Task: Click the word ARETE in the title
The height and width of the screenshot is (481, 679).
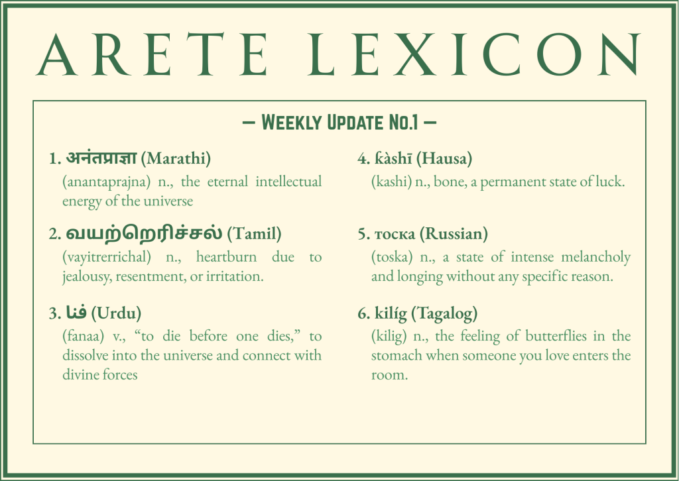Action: point(152,55)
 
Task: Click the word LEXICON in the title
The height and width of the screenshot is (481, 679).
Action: point(474,55)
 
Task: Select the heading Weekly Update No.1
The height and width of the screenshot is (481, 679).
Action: point(339,123)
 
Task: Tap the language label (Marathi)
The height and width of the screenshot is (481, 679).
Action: point(176,159)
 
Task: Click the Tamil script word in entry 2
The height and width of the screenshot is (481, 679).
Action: point(144,233)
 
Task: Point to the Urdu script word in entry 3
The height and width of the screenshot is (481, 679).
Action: point(76,312)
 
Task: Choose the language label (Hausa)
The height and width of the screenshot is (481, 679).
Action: point(444,159)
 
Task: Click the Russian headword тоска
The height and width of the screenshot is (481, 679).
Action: point(395,235)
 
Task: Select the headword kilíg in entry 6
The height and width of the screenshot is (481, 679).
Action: point(391,313)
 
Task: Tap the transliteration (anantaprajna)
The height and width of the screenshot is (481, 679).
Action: point(107,182)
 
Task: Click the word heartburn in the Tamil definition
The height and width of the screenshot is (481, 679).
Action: point(227,257)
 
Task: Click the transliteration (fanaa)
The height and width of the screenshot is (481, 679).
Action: point(84,336)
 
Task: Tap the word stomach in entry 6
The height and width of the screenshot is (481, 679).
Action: point(397,356)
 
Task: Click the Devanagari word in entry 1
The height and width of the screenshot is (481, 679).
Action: point(101,158)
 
